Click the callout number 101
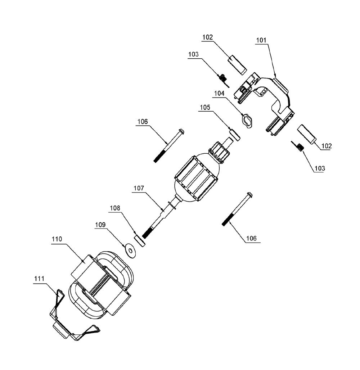point(261,40)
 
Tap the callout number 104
point(219,94)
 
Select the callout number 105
point(205,108)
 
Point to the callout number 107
point(139,188)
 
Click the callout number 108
point(115,208)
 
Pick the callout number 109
point(100,225)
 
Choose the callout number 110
point(57,239)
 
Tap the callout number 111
point(39,279)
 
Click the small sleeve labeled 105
point(235,135)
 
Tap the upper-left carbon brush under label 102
point(237,65)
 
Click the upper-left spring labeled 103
point(223,79)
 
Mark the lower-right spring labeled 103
point(298,147)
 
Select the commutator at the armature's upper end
point(219,153)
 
